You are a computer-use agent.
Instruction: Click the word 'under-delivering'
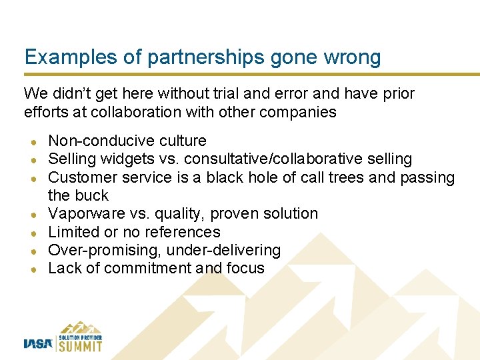point(224,250)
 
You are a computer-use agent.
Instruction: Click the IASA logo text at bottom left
point(37,343)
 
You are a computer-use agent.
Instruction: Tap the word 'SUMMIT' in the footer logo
point(79,345)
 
